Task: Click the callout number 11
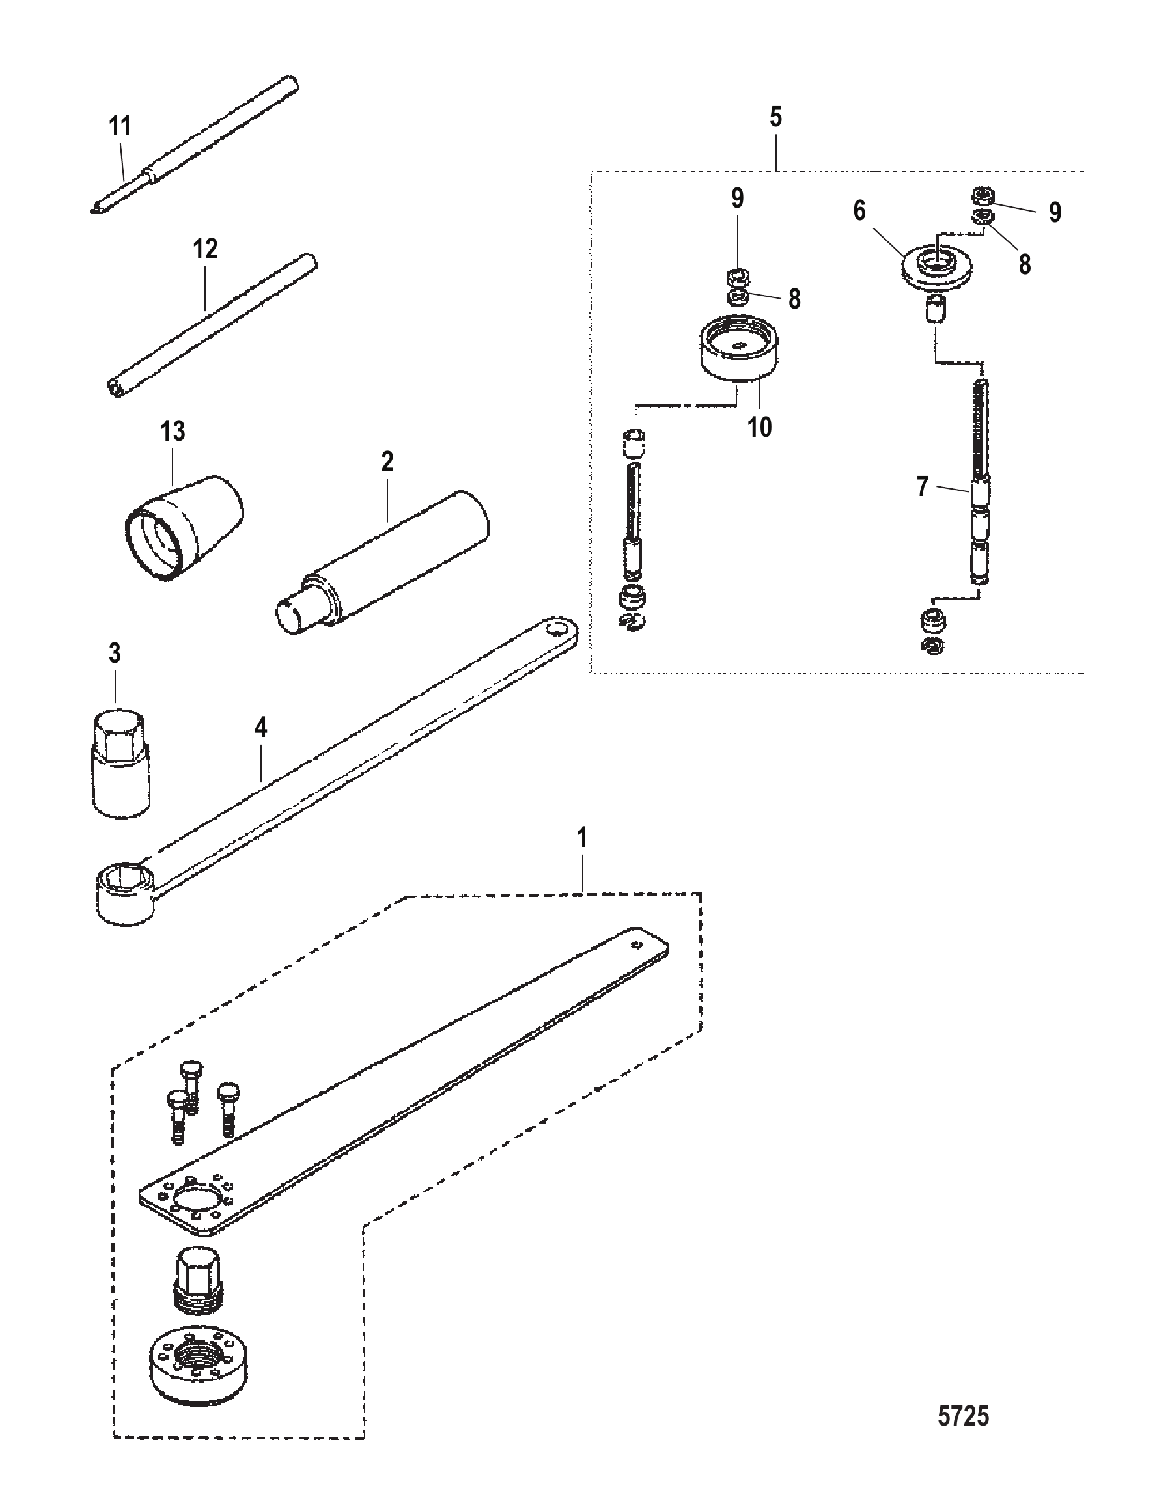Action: coord(120,127)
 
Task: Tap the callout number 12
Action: coord(205,249)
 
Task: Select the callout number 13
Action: coord(173,432)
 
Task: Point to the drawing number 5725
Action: coord(964,1411)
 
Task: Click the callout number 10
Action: coord(760,428)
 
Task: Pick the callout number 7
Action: coord(923,486)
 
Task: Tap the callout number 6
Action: coord(859,211)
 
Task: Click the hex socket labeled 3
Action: coord(121,764)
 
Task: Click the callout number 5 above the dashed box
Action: coord(775,118)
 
